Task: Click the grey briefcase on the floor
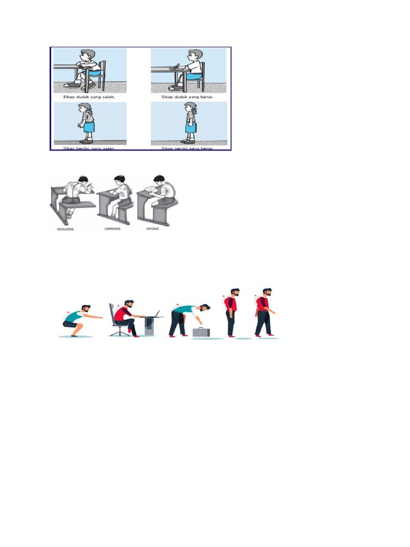201,332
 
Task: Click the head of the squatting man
86,310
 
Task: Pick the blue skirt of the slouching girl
89,127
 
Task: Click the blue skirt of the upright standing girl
191,127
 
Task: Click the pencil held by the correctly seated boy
178,66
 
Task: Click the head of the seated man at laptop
129,305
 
